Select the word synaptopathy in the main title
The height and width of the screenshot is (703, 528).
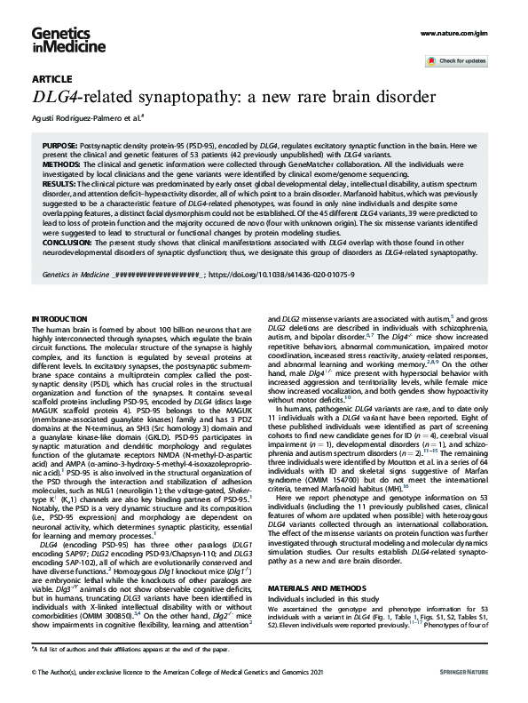click(194, 96)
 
